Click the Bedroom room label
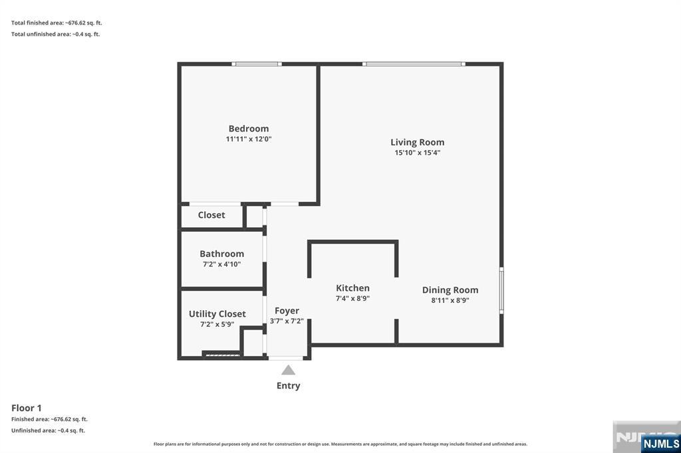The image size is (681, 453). [249, 128]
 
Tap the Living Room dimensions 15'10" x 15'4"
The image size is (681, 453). [418, 153]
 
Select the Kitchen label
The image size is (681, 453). [352, 288]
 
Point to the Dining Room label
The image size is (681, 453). [450, 290]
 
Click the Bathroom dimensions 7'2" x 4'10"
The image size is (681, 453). [221, 264]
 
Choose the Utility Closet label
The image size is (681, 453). [217, 314]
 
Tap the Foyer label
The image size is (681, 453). [287, 311]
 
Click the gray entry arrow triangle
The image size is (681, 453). [289, 370]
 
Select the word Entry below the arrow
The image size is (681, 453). [289, 386]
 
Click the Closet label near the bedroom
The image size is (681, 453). [211, 215]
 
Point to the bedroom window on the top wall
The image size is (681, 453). [256, 64]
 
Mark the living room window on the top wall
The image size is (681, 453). [414, 64]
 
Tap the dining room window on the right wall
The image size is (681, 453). [501, 290]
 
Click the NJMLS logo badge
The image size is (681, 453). [660, 444]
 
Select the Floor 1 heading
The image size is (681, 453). [27, 408]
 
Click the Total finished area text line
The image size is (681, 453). [57, 23]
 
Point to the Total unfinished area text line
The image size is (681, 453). [56, 35]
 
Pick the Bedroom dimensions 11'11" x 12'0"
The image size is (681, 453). [249, 139]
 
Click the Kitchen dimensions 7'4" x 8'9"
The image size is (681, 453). [352, 298]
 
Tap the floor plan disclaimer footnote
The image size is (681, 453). [340, 444]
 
